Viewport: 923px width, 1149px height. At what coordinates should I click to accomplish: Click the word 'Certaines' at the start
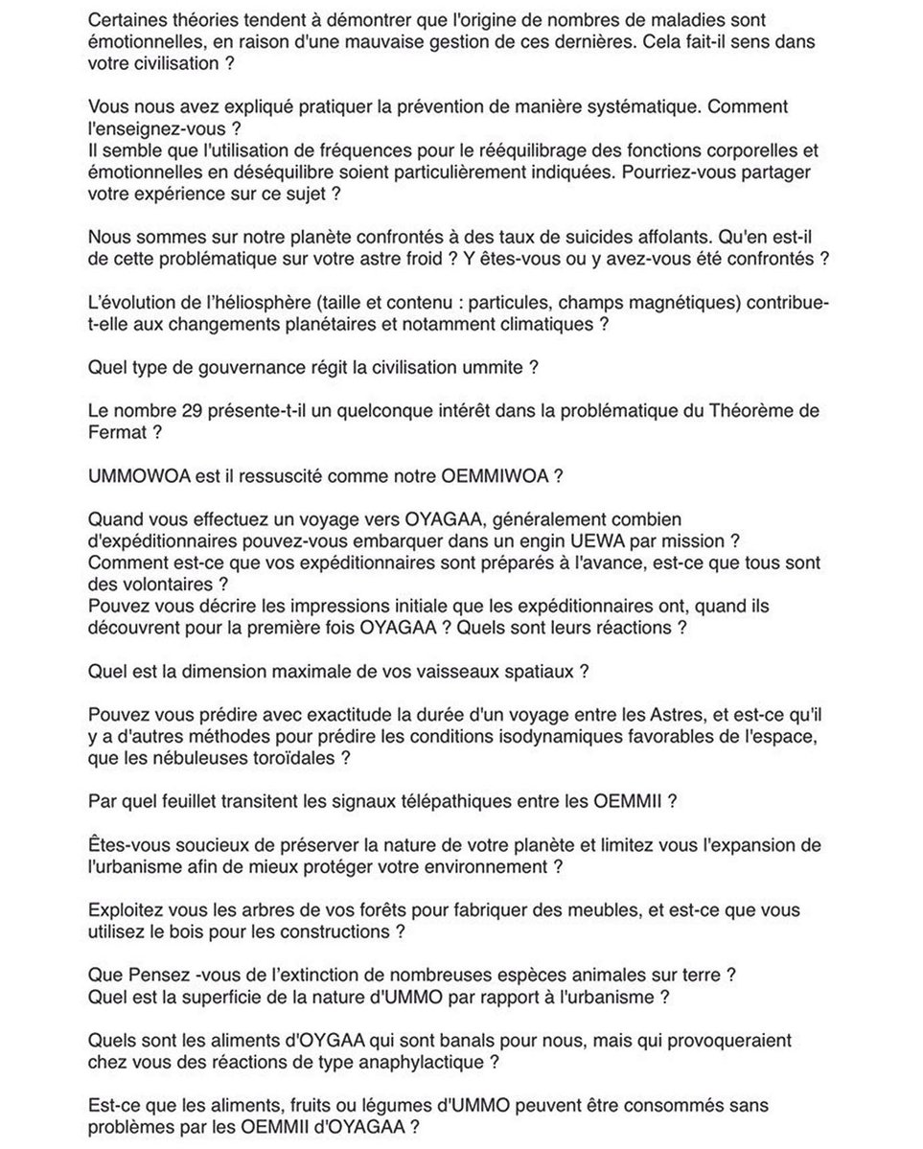(124, 21)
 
